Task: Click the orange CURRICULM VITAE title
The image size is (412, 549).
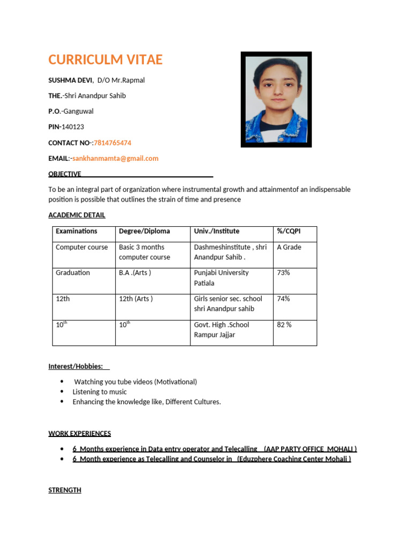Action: click(x=105, y=60)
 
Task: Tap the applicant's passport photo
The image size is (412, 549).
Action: click(x=276, y=99)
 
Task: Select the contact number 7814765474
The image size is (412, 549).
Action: click(x=113, y=143)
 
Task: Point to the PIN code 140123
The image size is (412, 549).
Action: click(x=72, y=127)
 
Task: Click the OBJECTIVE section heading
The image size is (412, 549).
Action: click(x=65, y=174)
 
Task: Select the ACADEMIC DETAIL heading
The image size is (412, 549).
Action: click(x=77, y=215)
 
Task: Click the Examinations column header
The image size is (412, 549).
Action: click(x=77, y=231)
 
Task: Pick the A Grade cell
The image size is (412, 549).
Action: click(x=289, y=247)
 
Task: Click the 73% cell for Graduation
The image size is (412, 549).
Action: click(x=283, y=273)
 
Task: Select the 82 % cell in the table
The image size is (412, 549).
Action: click(x=284, y=325)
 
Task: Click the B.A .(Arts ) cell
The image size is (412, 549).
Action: click(x=135, y=273)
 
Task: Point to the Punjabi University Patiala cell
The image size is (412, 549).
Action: click(x=221, y=278)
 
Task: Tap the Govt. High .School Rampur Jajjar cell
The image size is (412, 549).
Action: click(x=221, y=330)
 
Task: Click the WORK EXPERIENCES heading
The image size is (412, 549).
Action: click(x=79, y=433)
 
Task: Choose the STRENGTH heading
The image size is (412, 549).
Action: click(x=65, y=490)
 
